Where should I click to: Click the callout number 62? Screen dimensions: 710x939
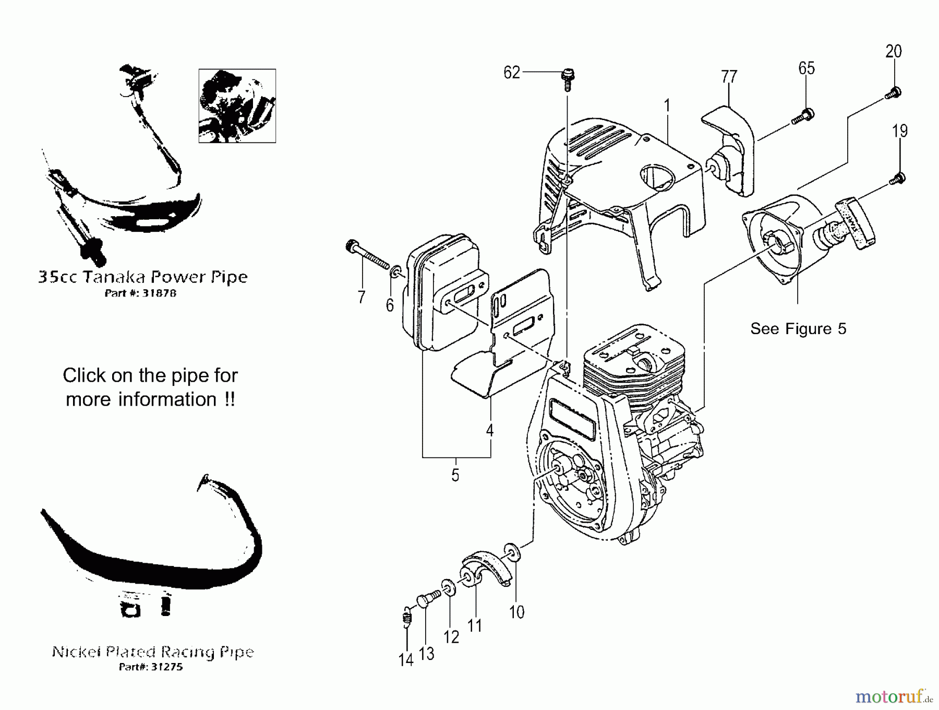point(511,73)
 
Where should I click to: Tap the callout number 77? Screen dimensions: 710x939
point(729,77)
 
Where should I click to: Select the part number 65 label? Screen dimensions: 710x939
point(806,68)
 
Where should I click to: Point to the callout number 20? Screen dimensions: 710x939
point(894,51)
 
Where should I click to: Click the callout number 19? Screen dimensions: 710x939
point(900,131)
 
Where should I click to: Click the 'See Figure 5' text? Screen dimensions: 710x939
point(798,329)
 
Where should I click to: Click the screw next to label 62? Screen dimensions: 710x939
point(568,79)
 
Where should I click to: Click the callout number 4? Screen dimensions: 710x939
point(489,431)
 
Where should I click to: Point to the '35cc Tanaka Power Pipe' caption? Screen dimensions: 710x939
point(143,276)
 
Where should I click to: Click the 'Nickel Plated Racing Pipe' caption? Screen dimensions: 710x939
point(152,652)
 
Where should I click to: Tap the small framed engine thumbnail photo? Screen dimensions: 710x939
point(237,106)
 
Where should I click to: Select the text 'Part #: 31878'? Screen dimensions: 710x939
point(141,293)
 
